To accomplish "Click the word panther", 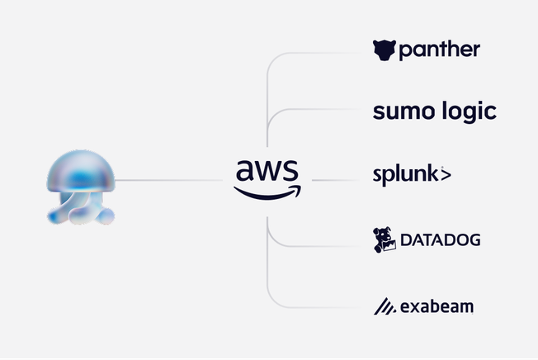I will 439,51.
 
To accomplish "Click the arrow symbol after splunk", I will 446,175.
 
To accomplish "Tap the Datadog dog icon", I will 385,239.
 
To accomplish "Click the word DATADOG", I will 440,241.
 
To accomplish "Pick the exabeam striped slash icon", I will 384,306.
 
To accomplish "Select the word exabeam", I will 437,307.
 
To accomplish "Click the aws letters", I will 267,169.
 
